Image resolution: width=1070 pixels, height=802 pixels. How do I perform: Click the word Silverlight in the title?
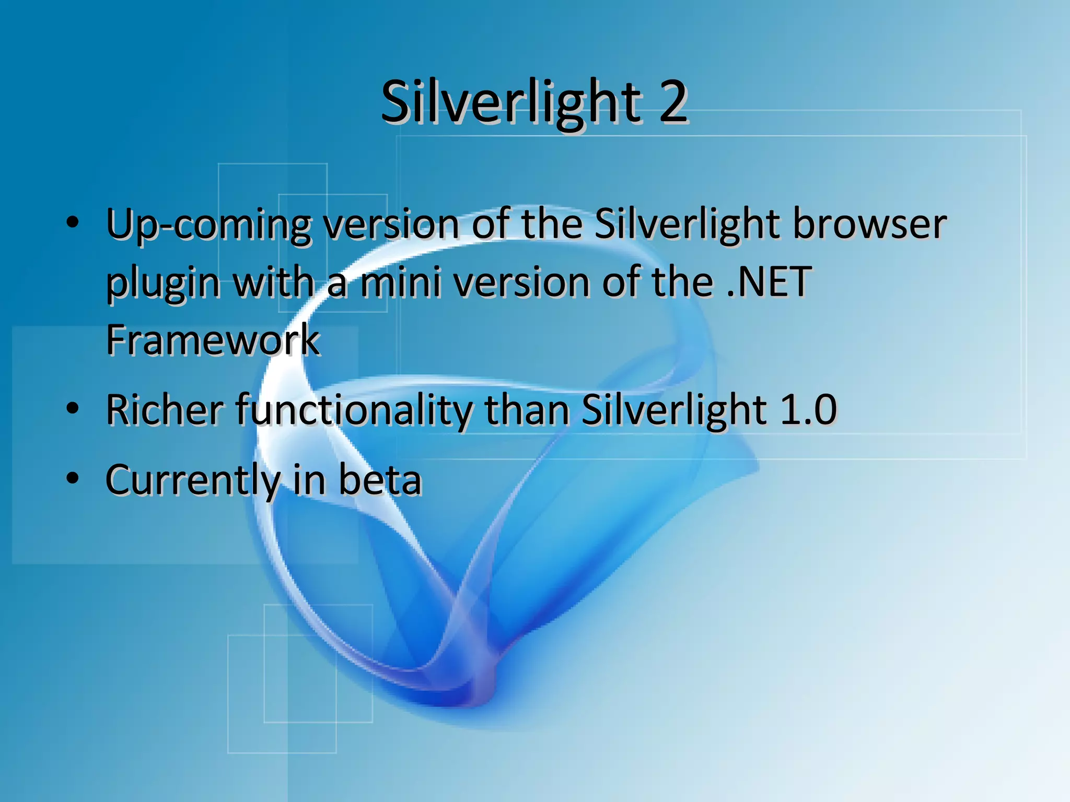pos(511,102)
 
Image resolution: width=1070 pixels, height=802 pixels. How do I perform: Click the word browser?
pos(869,225)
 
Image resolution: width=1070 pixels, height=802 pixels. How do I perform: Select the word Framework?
pos(213,340)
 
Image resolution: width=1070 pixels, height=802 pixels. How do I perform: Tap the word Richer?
pos(165,410)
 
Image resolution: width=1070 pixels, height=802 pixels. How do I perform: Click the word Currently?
pos(193,480)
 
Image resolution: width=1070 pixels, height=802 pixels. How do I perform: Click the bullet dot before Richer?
pos(73,407)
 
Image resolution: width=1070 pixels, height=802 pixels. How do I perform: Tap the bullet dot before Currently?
pos(73,477)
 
